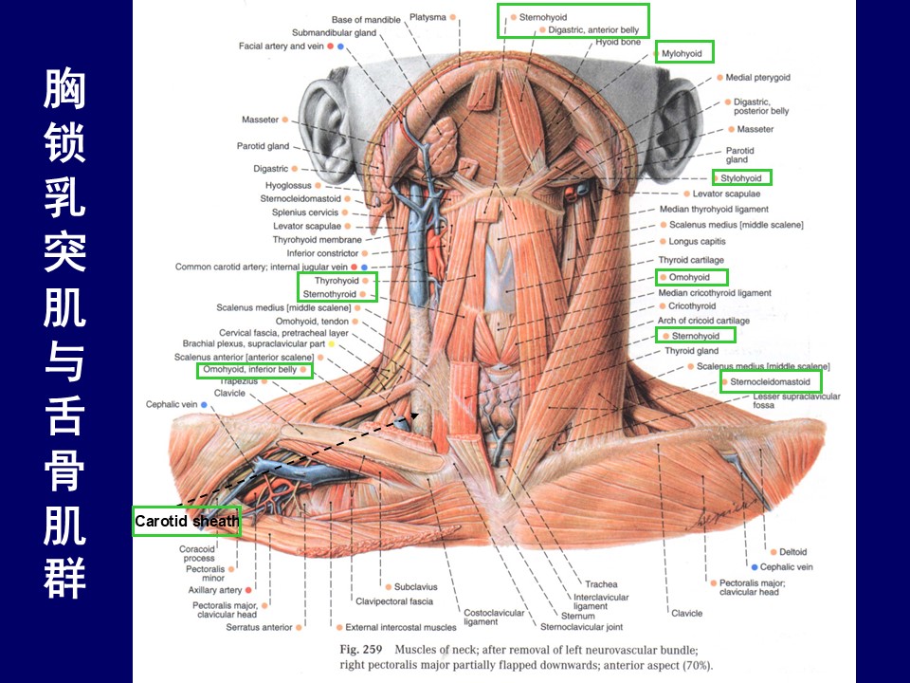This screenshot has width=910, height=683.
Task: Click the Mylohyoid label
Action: pos(682,53)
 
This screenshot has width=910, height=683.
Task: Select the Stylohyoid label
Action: pos(740,178)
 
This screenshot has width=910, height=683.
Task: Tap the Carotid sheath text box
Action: pos(187,521)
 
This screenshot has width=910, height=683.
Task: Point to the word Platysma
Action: pos(428,17)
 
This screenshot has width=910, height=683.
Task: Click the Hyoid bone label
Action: pos(618,42)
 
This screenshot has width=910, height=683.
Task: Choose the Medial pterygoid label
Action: pos(757,77)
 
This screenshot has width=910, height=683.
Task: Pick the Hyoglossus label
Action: pos(288,185)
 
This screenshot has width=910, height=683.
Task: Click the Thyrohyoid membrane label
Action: pos(317,239)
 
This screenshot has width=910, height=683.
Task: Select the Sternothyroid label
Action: pos(329,294)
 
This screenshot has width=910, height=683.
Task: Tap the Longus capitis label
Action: pos(697,242)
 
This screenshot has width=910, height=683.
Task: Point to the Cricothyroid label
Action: pos(692,306)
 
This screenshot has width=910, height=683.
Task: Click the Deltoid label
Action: pos(792,552)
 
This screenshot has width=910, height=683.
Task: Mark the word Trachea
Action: pos(601,584)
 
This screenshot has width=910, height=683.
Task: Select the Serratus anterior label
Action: pos(259,627)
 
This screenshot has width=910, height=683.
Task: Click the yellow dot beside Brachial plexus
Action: pos(332,343)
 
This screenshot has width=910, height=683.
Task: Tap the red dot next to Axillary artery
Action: pos(248,590)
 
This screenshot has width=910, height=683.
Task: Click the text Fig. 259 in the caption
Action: pos(361,650)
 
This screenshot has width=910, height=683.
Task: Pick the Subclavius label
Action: pos(415,587)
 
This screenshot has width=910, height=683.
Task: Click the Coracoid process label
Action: pos(197,553)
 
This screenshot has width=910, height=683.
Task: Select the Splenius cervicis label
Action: pos(304,212)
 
